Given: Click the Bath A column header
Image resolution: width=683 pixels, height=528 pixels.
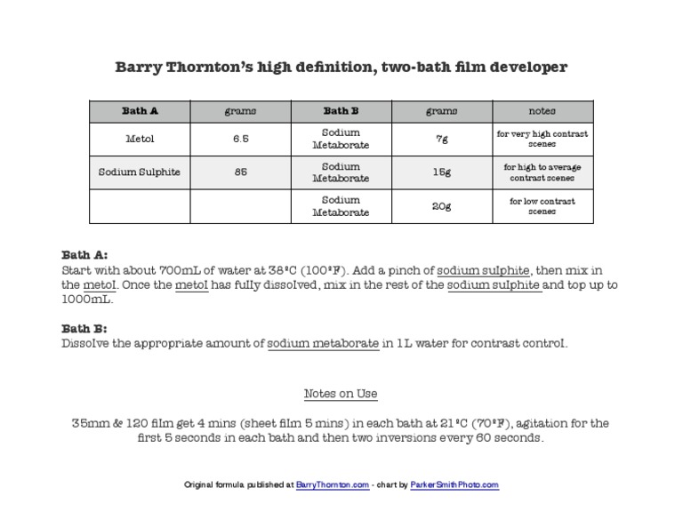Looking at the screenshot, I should click(x=140, y=111).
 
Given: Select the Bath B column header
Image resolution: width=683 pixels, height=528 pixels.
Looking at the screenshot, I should click(x=341, y=111).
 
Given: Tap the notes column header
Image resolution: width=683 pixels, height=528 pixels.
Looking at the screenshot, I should click(x=542, y=111).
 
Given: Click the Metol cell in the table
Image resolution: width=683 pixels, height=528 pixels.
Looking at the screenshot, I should click(x=140, y=139).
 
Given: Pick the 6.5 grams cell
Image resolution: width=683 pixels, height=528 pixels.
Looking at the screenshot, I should click(x=240, y=139).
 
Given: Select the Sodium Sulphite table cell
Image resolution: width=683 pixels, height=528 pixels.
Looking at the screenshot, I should click(x=140, y=172).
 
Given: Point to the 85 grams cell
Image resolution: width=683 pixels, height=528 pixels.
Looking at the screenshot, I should click(x=240, y=172).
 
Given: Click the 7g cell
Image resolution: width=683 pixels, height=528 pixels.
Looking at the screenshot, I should click(x=441, y=139).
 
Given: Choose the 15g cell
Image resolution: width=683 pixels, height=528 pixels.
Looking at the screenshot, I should click(x=441, y=172).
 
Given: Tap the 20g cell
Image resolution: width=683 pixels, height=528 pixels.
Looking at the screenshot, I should click(x=441, y=206).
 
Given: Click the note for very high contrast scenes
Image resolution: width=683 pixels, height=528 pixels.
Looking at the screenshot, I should click(x=542, y=139).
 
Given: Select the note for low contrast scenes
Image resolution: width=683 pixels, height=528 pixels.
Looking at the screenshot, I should click(x=542, y=206).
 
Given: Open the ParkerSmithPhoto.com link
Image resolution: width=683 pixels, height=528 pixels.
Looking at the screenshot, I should click(x=454, y=485).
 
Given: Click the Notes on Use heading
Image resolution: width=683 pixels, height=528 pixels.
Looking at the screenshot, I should click(x=341, y=394).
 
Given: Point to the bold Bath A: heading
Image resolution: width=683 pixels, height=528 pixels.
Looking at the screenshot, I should click(x=84, y=254).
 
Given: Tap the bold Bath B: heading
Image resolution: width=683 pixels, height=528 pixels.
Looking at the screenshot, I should click(x=84, y=328).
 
